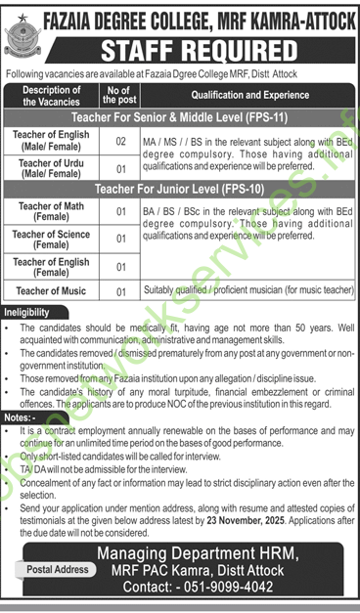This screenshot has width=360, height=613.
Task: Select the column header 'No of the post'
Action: tap(121, 96)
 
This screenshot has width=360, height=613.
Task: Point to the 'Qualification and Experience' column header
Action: tap(245, 96)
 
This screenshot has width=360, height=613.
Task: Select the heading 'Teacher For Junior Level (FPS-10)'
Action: tap(180, 185)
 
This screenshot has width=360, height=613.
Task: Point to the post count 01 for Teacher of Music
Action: tap(121, 290)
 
